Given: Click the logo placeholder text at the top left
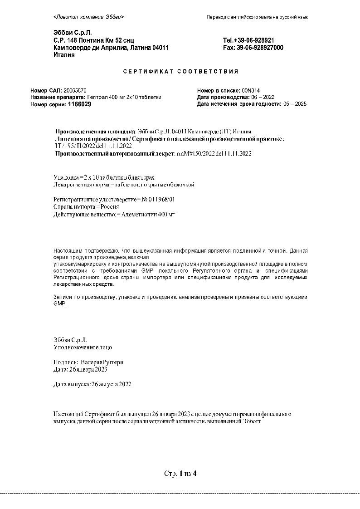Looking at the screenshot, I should coord(88,17).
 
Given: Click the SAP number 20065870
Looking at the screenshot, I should coord(75,91).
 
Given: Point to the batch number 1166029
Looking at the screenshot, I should coord(79,104).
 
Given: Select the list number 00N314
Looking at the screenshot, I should coord(251,91).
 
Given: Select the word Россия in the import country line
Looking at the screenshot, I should coord(102,206).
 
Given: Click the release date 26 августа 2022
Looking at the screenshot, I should coord(112,384).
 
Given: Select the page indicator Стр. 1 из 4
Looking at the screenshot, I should coord(180,474).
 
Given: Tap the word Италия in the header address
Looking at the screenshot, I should coord(64,55).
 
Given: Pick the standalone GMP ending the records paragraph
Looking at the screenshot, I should coord(59,304).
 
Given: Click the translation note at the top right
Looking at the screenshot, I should coord(257,17).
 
